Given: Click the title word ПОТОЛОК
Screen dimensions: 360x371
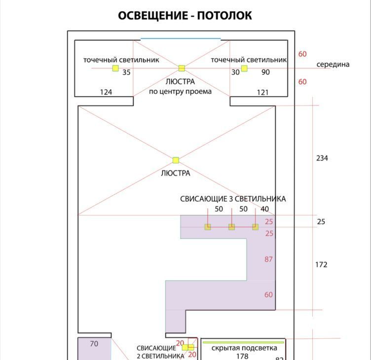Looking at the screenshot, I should click(x=224, y=16).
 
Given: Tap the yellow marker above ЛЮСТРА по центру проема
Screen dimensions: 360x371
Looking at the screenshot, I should click(x=182, y=68).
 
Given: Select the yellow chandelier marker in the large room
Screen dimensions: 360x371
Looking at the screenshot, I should click(x=176, y=160).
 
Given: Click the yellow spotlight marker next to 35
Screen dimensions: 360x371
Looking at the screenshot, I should click(x=115, y=68).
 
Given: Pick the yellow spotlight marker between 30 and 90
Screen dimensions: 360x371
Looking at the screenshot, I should click(x=244, y=68).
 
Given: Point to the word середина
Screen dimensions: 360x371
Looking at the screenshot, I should click(x=333, y=64).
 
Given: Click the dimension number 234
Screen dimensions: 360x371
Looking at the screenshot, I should click(x=322, y=158).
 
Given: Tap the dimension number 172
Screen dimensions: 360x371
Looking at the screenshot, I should click(x=321, y=265).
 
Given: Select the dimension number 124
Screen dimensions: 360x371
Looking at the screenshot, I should click(x=106, y=92).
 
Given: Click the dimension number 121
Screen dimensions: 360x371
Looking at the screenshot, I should click(x=262, y=92).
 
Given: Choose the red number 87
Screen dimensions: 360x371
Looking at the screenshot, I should click(x=268, y=259).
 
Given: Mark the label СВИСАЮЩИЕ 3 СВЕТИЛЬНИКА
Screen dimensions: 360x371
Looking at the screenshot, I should click(x=233, y=199).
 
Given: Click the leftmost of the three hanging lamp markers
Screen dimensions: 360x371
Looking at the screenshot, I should click(x=208, y=227).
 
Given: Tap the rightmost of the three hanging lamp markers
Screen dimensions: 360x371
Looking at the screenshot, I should click(x=255, y=227).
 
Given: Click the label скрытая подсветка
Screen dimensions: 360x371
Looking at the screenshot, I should click(x=244, y=348).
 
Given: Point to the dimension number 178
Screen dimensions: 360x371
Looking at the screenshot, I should click(x=242, y=356).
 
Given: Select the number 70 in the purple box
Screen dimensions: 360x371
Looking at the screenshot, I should click(x=94, y=344).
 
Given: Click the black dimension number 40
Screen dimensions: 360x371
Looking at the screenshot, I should click(x=265, y=209).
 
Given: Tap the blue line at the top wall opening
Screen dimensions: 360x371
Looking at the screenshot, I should click(x=181, y=38).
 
